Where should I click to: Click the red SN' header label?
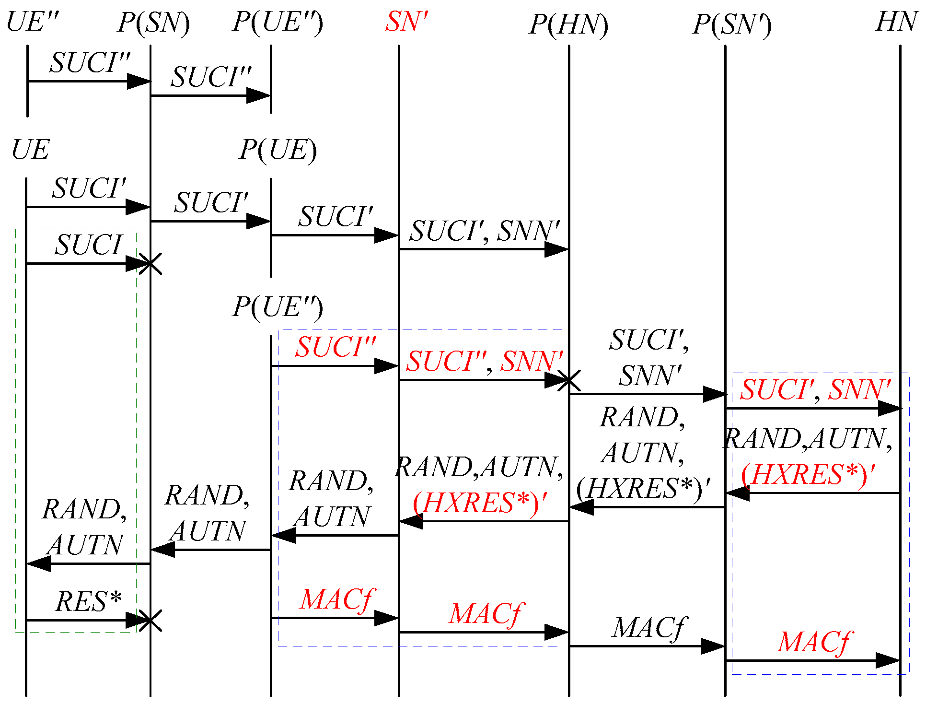[x=406, y=22]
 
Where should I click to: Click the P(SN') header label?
[x=731, y=24]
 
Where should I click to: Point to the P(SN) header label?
[x=153, y=23]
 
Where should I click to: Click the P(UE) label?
[x=278, y=150]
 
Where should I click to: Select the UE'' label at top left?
[x=33, y=22]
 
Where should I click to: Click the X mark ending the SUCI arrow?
[x=150, y=263]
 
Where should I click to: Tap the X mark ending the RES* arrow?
[x=150, y=621]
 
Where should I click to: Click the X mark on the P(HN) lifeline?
[x=569, y=380]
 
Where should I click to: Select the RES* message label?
[x=88, y=601]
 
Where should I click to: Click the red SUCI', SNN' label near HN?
[x=815, y=389]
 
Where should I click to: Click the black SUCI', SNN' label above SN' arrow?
[x=484, y=231]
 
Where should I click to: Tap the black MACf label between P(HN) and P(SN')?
[x=649, y=627]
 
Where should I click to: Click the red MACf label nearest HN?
[x=814, y=642]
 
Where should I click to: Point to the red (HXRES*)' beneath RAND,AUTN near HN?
[x=808, y=475]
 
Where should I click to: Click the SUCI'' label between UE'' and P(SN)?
[x=90, y=63]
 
